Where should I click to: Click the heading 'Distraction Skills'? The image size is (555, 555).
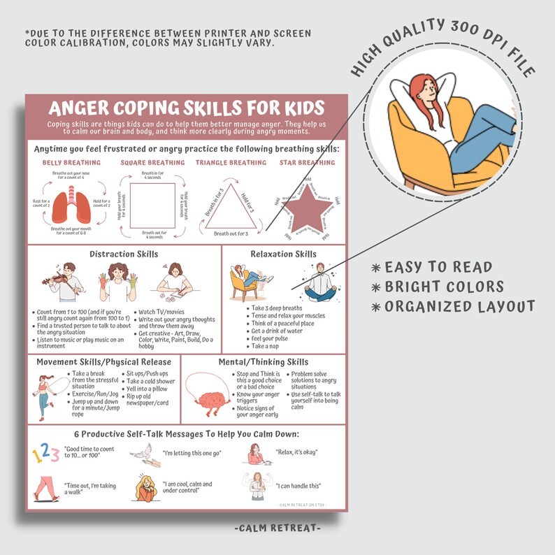124,254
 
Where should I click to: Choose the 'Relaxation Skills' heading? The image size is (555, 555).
283,254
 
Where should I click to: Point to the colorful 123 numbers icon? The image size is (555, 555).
46,454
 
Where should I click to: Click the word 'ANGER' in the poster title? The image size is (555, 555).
87,109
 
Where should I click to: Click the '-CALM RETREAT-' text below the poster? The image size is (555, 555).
277,528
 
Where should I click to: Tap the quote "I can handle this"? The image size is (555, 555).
299,485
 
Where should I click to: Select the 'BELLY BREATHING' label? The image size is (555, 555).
72,163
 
